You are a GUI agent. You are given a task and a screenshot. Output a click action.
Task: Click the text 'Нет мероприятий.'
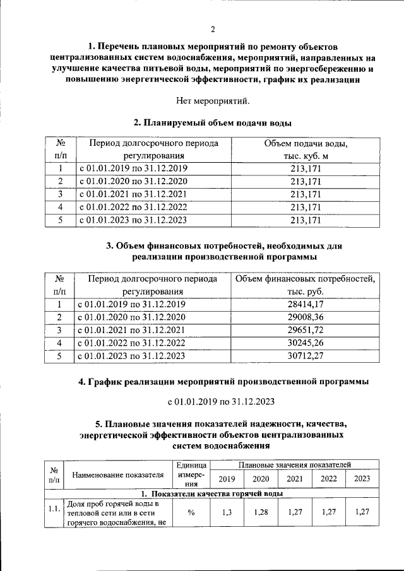point(212,100)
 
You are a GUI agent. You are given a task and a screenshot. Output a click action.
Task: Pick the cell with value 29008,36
point(306,317)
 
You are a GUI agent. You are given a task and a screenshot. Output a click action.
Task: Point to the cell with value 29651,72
point(306,329)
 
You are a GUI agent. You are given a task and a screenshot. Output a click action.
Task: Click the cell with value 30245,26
point(306,343)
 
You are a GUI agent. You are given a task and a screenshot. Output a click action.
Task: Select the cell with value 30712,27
point(306,355)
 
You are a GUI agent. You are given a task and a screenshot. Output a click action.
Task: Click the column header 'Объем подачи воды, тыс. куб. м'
point(306,150)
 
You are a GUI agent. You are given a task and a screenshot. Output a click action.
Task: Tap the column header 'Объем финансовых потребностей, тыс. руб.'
point(306,285)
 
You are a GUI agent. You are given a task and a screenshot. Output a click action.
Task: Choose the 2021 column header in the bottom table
point(294,479)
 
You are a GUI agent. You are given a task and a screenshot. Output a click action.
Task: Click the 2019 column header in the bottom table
point(227,479)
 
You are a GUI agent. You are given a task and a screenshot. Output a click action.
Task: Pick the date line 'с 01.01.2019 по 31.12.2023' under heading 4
point(212,401)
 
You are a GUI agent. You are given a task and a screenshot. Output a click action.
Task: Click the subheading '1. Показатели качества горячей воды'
point(212,493)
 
